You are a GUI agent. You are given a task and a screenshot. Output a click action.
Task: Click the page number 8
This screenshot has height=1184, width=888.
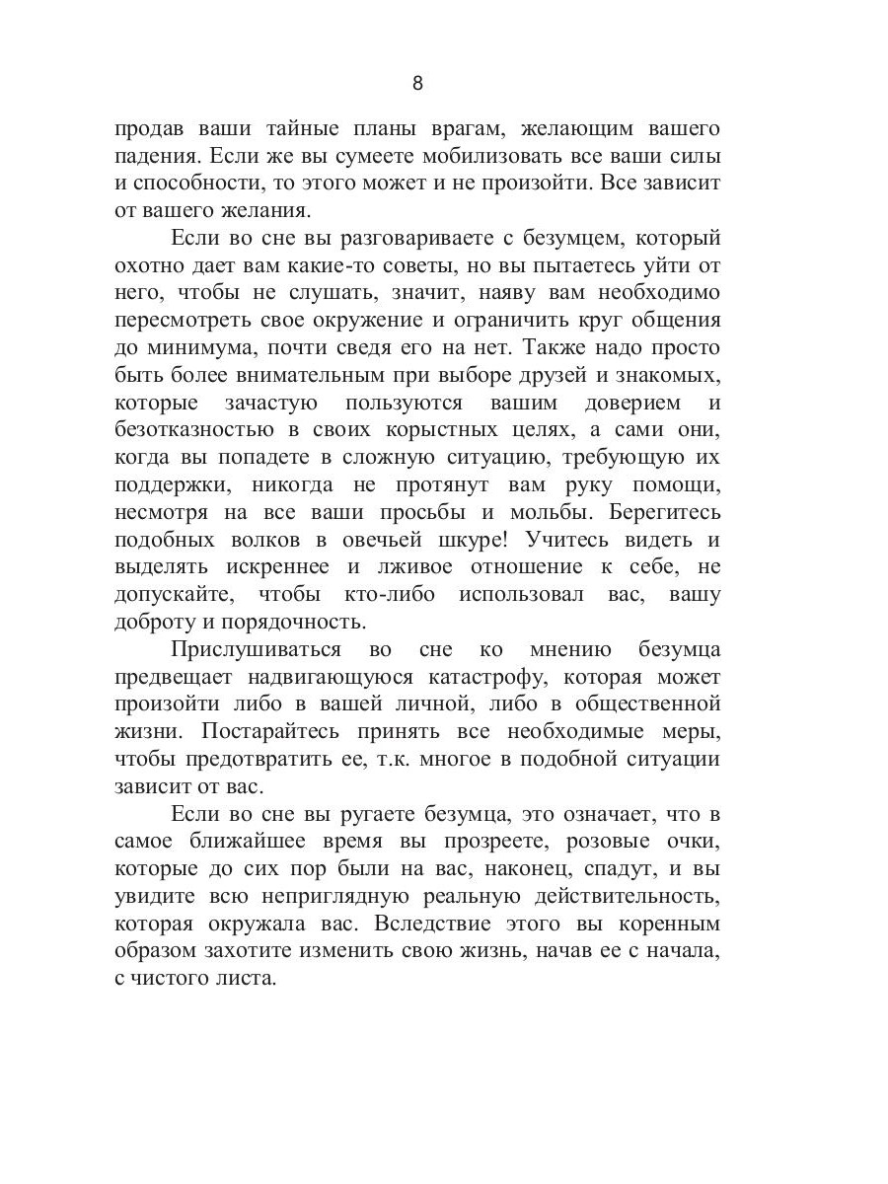[416, 83]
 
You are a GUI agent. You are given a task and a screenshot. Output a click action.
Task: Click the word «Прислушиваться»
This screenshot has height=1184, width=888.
[257, 650]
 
